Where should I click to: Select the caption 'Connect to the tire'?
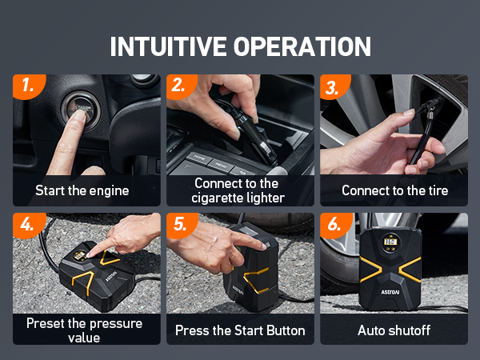(394, 190)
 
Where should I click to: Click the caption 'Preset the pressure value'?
(86, 330)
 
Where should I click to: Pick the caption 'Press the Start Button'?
(239, 330)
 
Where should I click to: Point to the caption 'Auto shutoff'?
(394, 330)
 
